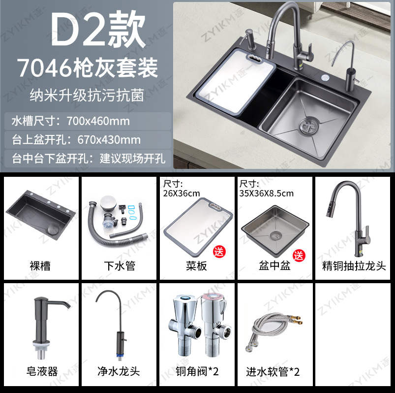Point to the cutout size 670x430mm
(x=109, y=139)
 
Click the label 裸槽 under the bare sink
(x=40, y=266)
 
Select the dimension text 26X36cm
(x=182, y=193)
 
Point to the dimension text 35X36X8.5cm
(x=266, y=193)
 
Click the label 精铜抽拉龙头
(x=354, y=266)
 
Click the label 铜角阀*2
(x=196, y=371)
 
